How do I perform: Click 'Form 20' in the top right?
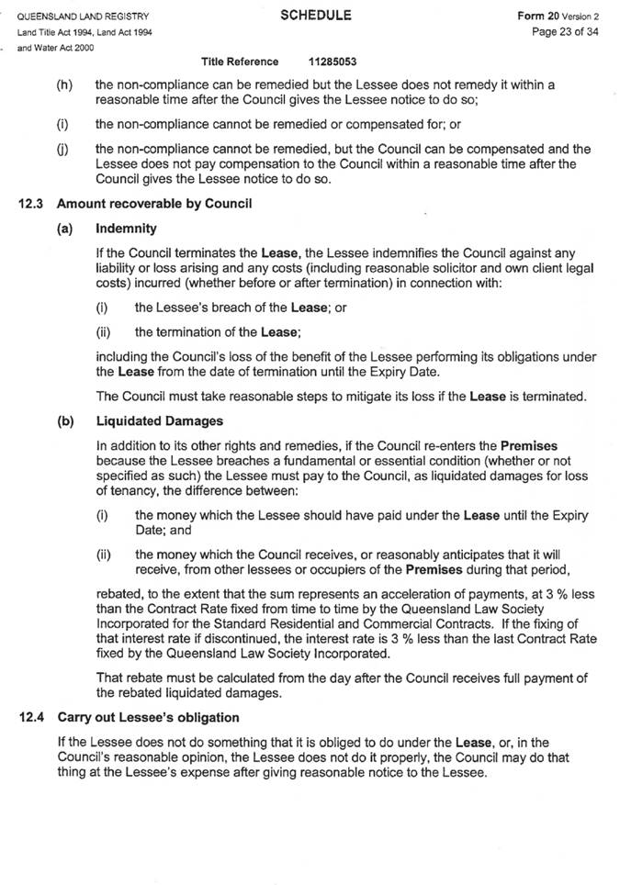tap(535, 17)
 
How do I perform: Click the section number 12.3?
tap(30, 204)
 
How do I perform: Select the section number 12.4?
tap(30, 714)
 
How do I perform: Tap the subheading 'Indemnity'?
tap(126, 229)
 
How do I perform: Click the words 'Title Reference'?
tap(240, 62)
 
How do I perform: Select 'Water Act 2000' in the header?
tap(63, 47)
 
